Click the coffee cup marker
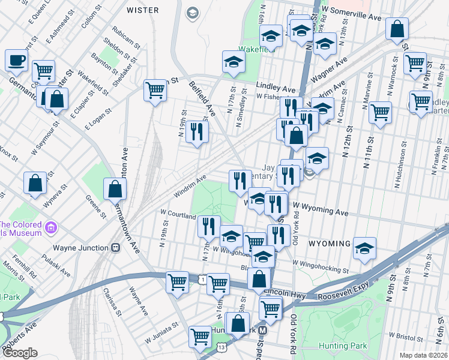16,60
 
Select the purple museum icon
52,227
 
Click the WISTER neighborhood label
143,10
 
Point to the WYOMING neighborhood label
330,244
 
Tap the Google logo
20,353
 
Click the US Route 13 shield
222,347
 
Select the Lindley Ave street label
277,86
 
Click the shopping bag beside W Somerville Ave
397,28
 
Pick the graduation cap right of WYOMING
364,248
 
